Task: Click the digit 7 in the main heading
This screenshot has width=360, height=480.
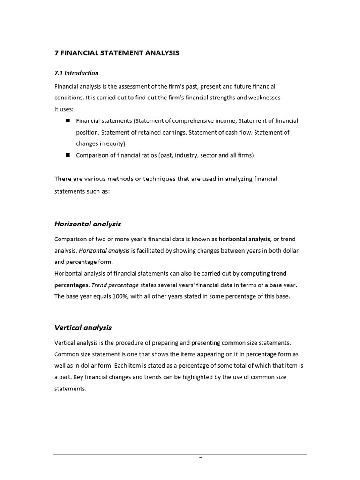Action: tap(57, 53)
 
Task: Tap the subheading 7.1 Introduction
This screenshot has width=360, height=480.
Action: tap(76, 73)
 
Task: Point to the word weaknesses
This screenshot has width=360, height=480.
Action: tap(264, 97)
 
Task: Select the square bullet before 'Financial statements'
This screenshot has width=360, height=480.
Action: tap(67, 120)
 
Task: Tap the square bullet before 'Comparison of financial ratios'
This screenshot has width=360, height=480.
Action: tap(67, 155)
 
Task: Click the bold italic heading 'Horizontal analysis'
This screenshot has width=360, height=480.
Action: tap(88, 224)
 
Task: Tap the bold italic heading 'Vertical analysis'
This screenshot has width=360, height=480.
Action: tap(83, 328)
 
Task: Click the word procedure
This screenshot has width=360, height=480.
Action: tap(129, 343)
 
